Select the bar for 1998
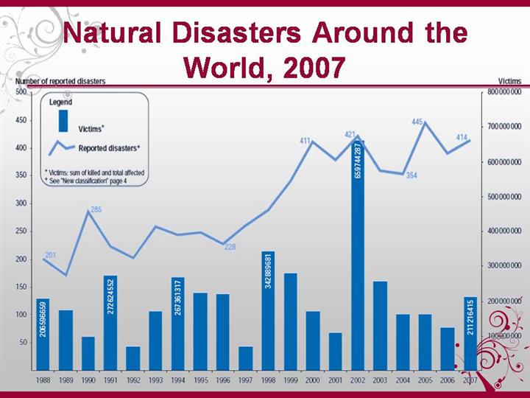(268, 310)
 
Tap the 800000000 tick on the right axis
(504, 92)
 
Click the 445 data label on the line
(417, 122)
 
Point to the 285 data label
(96, 210)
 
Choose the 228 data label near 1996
(230, 247)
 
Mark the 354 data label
(411, 175)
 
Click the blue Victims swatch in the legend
(64, 121)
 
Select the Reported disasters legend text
(109, 148)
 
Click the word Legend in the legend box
(60, 102)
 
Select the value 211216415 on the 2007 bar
(470, 318)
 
